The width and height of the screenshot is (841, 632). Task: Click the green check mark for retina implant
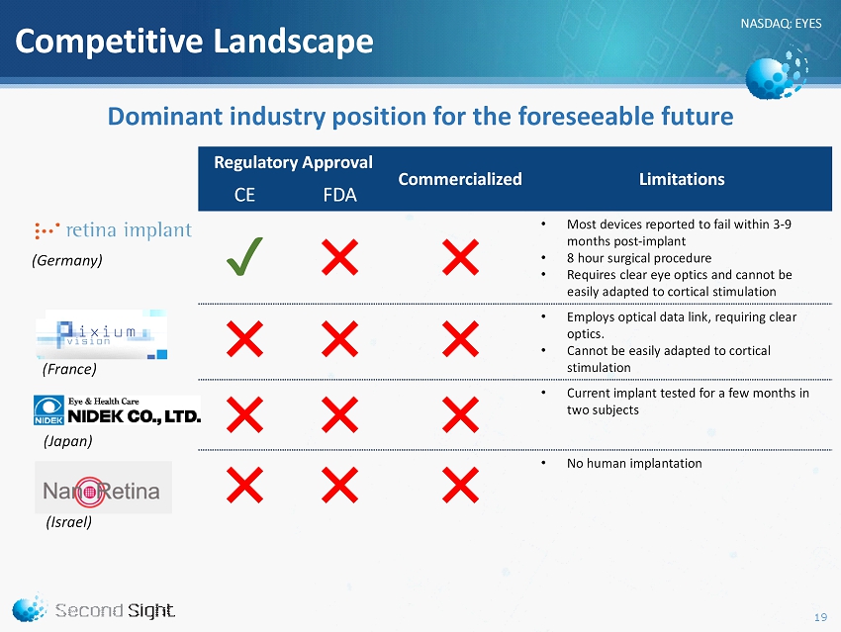tap(244, 256)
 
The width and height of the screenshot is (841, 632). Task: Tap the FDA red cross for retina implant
tap(339, 257)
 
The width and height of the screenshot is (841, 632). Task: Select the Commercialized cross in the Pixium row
tap(460, 339)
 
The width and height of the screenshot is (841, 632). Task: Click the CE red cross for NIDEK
tap(244, 414)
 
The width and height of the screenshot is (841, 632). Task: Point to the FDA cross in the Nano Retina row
tap(339, 485)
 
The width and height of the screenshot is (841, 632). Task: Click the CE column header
tap(244, 195)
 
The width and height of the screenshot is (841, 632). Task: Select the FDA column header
tap(339, 195)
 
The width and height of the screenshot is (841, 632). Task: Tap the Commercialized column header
tap(460, 179)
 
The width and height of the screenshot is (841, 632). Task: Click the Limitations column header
tap(682, 179)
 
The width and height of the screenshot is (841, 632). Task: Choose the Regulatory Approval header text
tap(293, 162)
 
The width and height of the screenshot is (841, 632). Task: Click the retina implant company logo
tap(113, 230)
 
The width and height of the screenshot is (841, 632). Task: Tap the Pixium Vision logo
tap(101, 334)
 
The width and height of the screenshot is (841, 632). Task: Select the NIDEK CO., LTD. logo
tap(117, 410)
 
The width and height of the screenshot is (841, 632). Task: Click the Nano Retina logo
tap(103, 488)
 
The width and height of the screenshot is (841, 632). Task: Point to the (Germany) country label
tap(67, 260)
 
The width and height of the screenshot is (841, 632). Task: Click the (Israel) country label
tap(69, 522)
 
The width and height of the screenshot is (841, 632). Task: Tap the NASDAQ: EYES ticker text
tap(781, 24)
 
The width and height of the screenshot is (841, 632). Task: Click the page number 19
tap(820, 617)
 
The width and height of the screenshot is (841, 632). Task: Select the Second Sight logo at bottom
tap(94, 609)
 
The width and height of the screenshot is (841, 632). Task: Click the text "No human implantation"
tap(634, 464)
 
